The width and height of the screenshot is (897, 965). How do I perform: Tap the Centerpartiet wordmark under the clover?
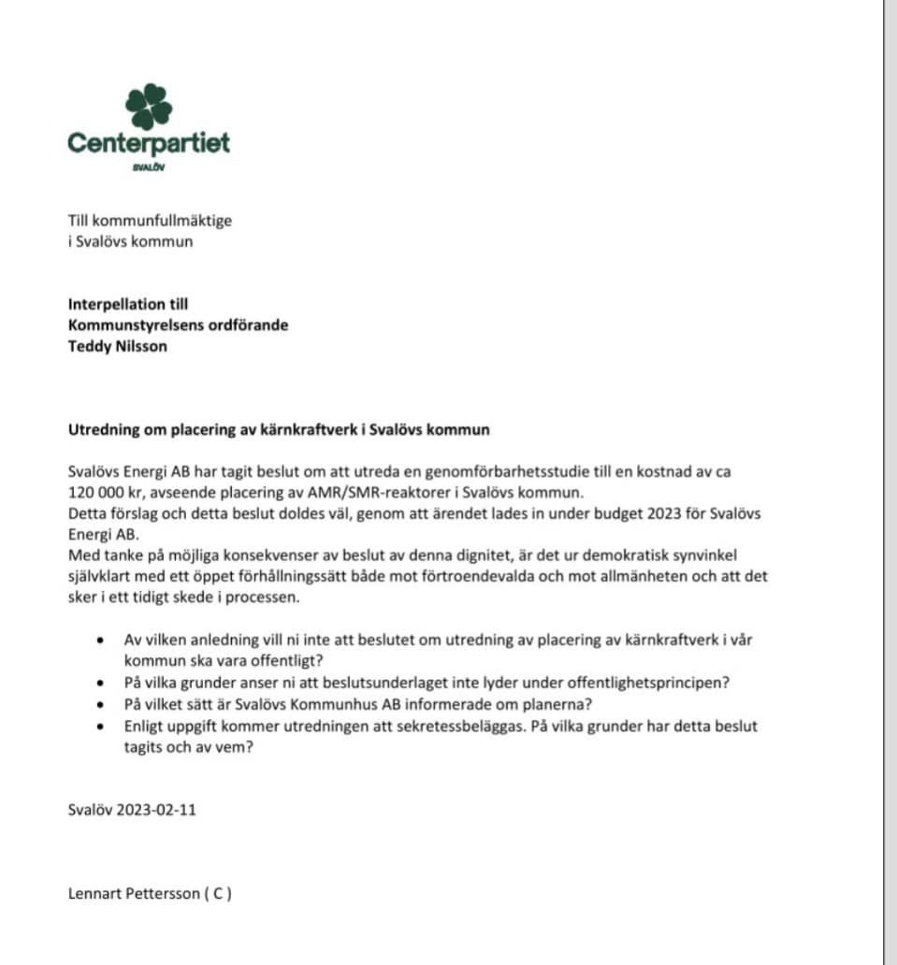[x=149, y=143]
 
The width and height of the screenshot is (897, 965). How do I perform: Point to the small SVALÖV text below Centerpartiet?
[x=149, y=168]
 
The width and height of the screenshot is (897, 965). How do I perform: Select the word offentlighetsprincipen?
[x=654, y=682]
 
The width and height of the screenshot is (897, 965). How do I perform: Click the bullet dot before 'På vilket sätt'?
[x=101, y=704]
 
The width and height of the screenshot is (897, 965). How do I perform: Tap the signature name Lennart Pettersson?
[x=134, y=893]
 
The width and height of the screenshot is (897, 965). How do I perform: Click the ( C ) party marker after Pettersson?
[x=218, y=893]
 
